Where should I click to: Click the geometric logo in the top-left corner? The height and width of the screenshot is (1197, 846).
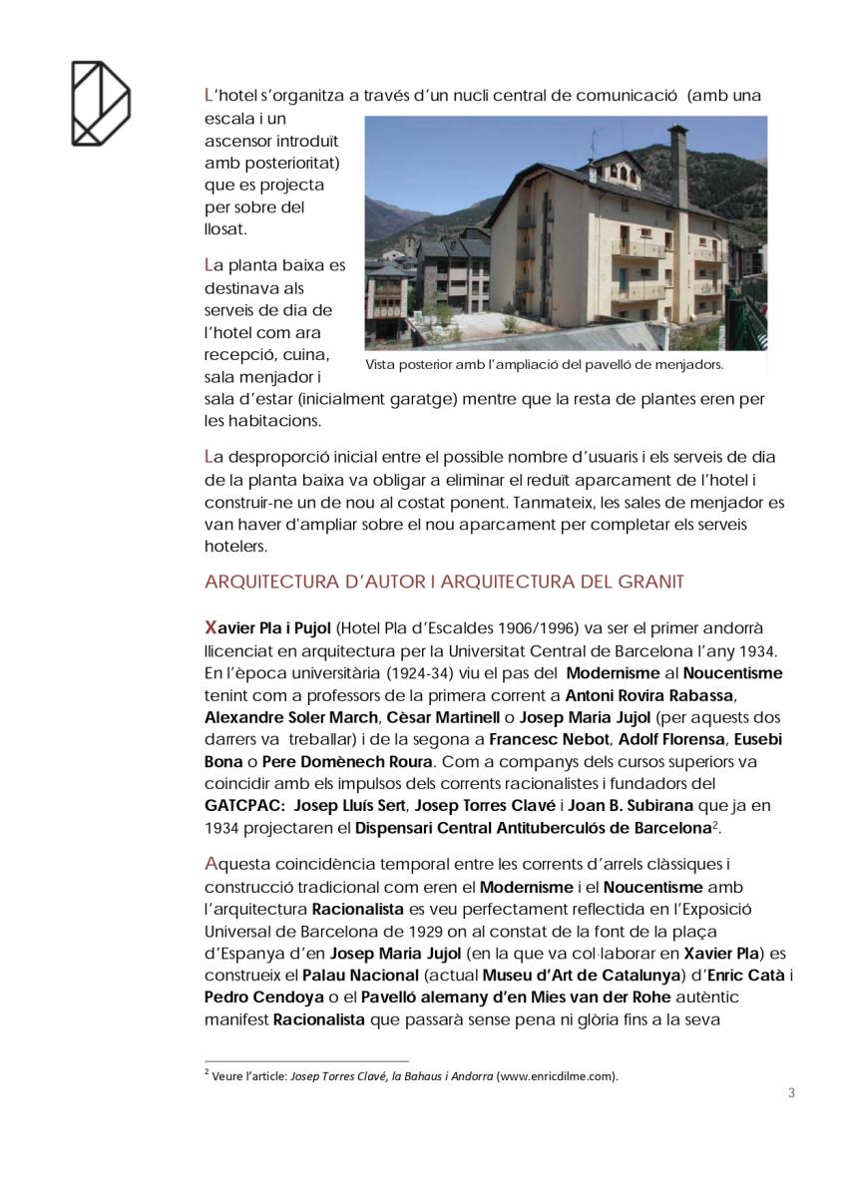point(100,103)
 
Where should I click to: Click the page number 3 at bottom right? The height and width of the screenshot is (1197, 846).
point(791,1092)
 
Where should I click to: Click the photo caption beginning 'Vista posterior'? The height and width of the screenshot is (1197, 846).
point(544,365)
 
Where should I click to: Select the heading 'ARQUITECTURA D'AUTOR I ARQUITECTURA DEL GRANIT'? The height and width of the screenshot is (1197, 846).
point(444,582)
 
